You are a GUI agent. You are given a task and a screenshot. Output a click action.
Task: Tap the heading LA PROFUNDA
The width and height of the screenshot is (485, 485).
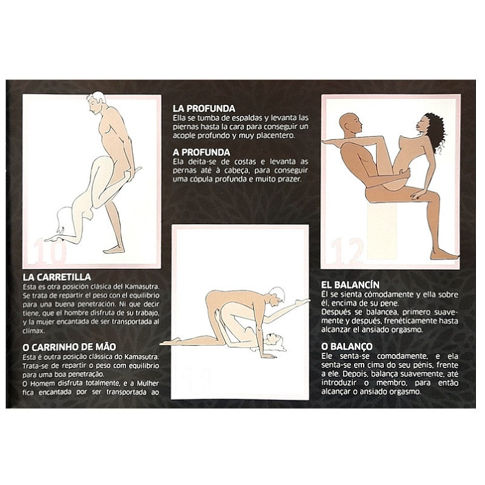coord(204,108)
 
